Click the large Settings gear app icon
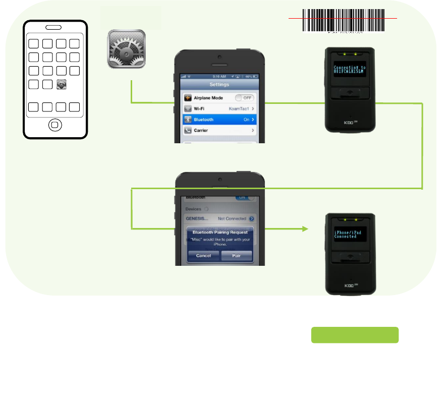tap(126, 49)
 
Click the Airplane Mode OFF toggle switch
tap(245, 98)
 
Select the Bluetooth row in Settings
tap(219, 120)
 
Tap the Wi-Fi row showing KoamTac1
tap(219, 108)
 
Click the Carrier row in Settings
tap(219, 130)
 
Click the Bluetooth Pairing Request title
tap(219, 232)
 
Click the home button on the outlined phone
tap(55, 124)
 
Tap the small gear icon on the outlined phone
tap(62, 85)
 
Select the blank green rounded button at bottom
tap(355, 335)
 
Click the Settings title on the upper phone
tap(219, 84)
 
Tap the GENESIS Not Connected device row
tap(219, 219)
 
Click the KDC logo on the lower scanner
tap(349, 285)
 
